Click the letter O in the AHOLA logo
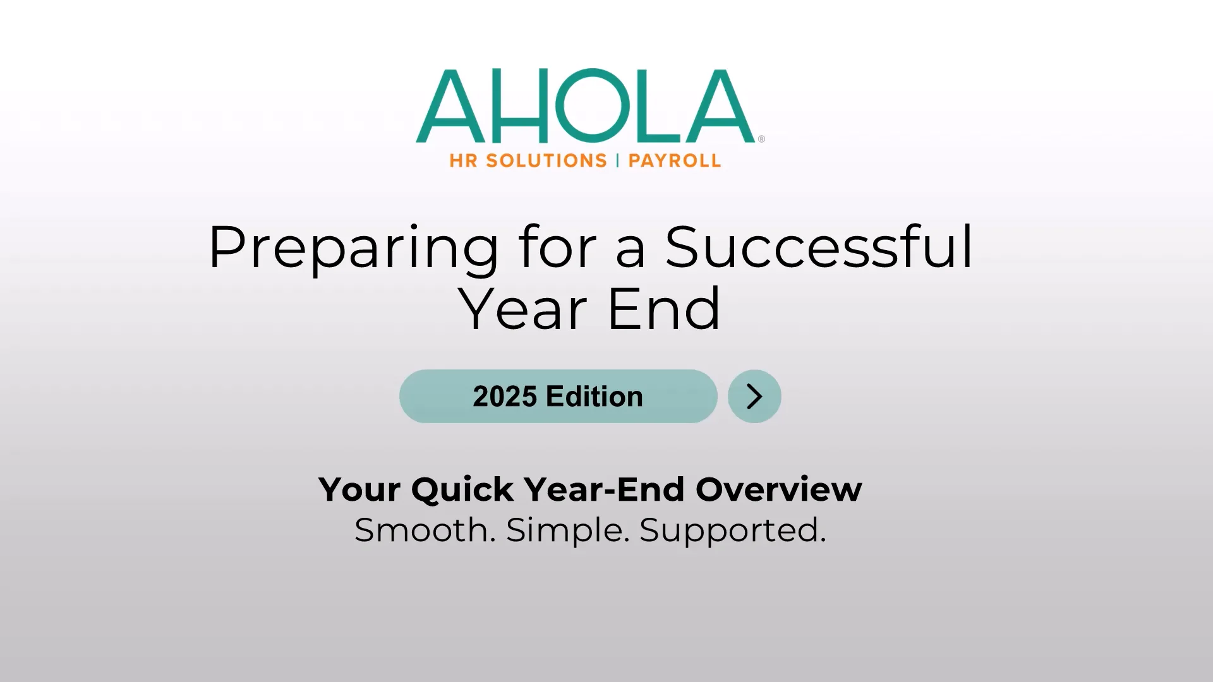(593, 105)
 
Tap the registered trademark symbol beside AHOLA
(761, 139)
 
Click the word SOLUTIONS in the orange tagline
(546, 161)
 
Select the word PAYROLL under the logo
(675, 161)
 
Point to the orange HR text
(463, 161)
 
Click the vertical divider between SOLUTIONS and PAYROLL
(618, 161)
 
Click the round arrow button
(754, 397)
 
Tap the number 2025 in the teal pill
(505, 397)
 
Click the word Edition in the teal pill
(594, 397)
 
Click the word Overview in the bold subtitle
(779, 489)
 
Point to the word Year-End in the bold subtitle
(605, 489)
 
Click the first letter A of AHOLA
(450, 105)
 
